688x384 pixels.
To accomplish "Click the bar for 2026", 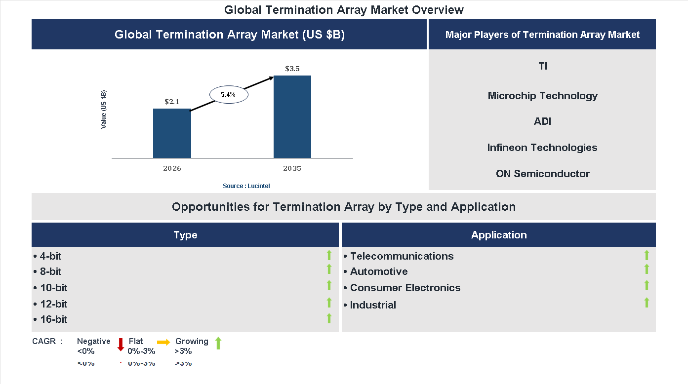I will tap(172, 133).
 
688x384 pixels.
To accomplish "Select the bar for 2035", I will tap(292, 117).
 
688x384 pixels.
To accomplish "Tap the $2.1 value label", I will tap(172, 102).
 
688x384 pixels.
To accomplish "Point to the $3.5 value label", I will tap(292, 69).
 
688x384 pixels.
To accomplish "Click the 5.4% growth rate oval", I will tap(228, 94).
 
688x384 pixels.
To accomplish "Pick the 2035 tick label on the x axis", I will tap(292, 169).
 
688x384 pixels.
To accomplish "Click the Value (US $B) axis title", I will tap(104, 110).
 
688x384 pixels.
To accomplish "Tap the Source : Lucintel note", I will tap(246, 186).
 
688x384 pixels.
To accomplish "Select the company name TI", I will tap(543, 66).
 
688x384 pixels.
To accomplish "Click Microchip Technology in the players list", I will tap(542, 96).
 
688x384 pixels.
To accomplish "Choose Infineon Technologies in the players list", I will tap(542, 148).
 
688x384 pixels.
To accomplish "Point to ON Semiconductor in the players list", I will tap(542, 174).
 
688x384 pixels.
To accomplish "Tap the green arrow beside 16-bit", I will tap(329, 318).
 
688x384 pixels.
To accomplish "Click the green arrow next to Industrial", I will tap(647, 303).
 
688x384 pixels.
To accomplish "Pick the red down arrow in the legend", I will tap(121, 345).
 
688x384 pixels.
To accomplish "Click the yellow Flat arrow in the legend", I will tap(163, 342).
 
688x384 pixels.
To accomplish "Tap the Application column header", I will tap(499, 235).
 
